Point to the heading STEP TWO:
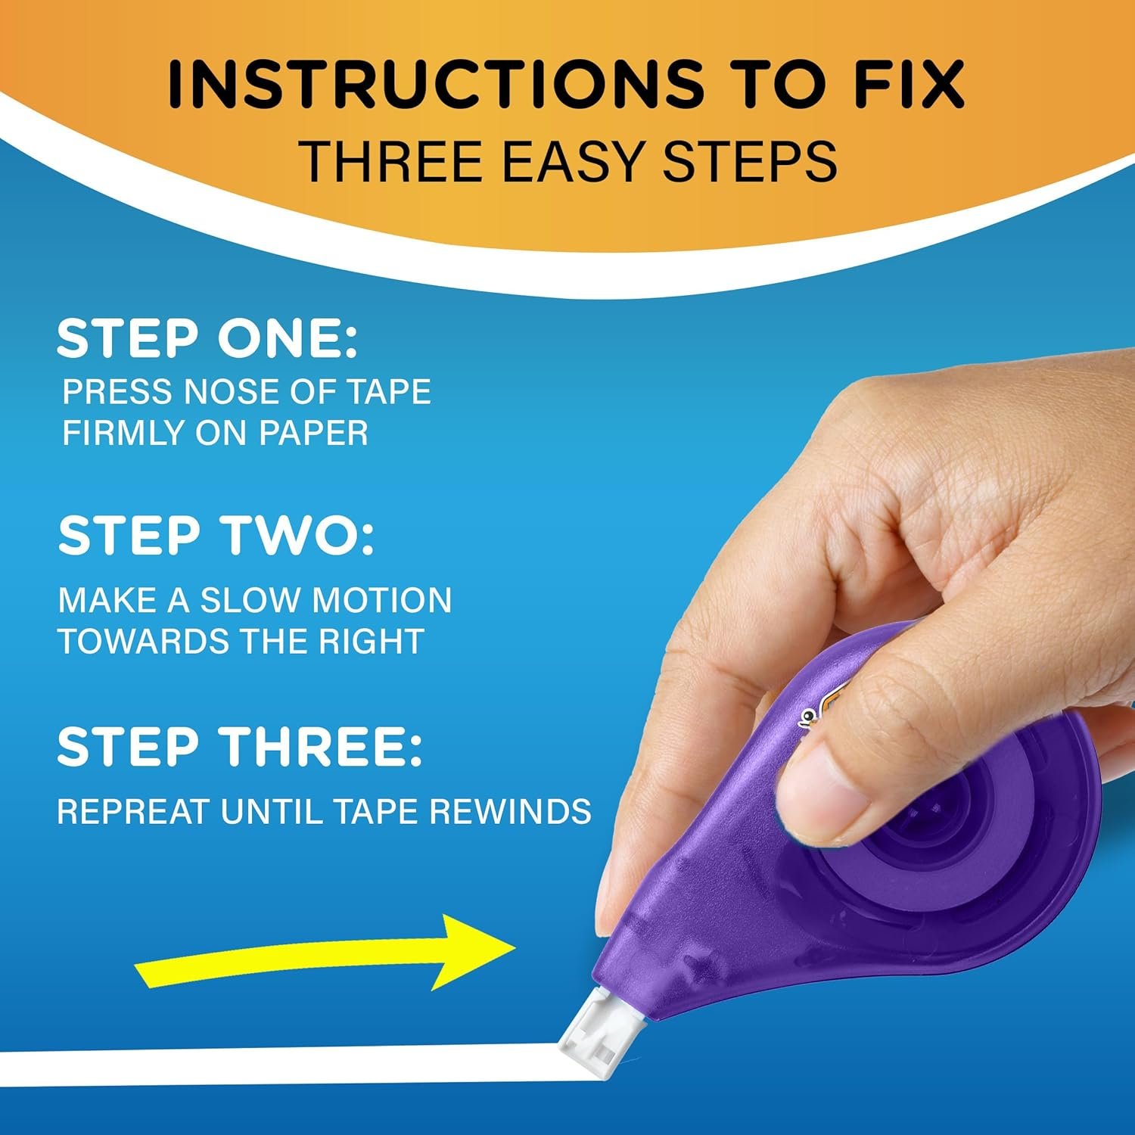(216, 536)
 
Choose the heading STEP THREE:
(239, 747)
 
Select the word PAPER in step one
(313, 433)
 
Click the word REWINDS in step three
(511, 812)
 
